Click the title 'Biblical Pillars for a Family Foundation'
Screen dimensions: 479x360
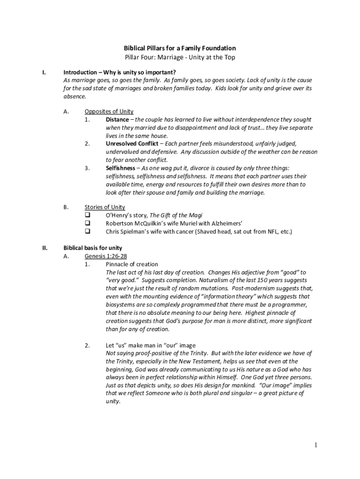180,48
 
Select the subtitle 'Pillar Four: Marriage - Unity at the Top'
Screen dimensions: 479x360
180,58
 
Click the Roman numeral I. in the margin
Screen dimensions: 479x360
43,73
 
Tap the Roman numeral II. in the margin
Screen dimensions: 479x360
44,248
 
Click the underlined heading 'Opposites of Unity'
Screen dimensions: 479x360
109,111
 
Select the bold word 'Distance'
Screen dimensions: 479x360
117,120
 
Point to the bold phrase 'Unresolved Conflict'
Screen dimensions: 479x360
132,144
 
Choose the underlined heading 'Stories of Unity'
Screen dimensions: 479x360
105,207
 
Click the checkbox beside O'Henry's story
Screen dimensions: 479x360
87,215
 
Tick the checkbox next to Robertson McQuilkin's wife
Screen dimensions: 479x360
87,223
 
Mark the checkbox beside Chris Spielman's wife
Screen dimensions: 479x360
87,231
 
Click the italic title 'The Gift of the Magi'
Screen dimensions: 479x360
176,215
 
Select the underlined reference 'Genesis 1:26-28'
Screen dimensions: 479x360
106,256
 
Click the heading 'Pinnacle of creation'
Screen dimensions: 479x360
132,264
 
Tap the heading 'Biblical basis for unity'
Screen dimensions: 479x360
93,248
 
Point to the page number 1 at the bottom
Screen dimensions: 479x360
316,445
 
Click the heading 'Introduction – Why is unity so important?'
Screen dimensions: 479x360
120,73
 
